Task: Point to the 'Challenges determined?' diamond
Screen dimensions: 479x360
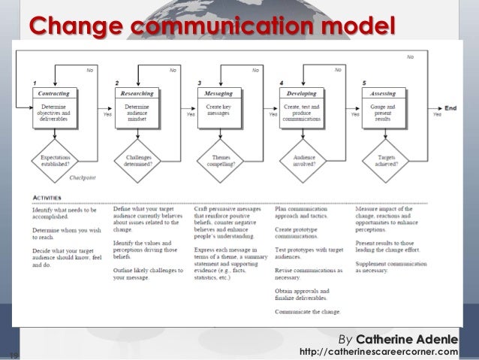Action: click(x=137, y=158)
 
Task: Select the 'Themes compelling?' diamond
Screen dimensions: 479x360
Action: click(x=218, y=158)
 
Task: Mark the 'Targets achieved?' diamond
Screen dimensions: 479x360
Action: click(x=383, y=158)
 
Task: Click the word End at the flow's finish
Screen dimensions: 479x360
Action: click(x=450, y=108)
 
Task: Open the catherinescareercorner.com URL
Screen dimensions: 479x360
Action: click(x=378, y=350)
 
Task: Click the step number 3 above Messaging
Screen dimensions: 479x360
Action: click(x=198, y=82)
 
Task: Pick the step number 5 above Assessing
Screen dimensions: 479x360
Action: click(x=363, y=82)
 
